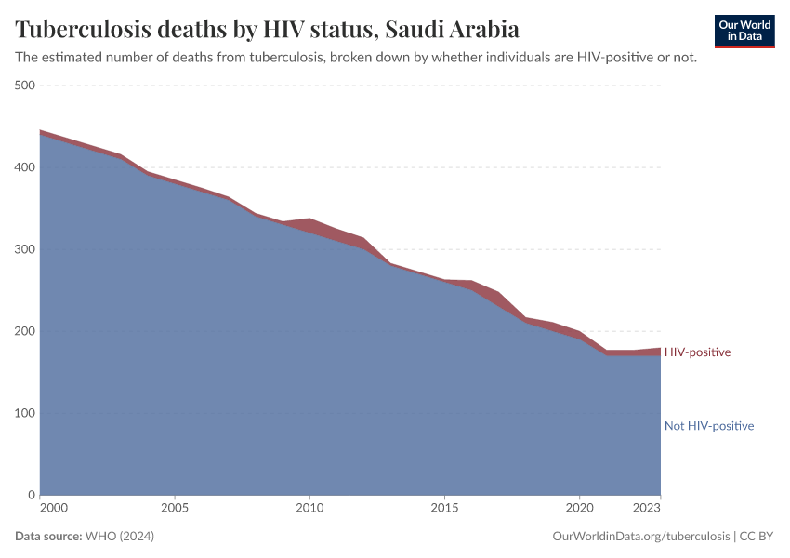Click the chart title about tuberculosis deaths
[267, 29]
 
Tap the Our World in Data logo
[744, 31]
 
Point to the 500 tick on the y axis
[24, 86]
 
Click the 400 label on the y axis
[24, 167]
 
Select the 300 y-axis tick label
[24, 249]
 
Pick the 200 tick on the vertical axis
[24, 331]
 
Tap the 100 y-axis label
[24, 413]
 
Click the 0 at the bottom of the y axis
[31, 495]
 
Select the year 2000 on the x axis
[54, 509]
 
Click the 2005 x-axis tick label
[175, 509]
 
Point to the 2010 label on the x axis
[309, 509]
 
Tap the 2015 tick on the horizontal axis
[444, 509]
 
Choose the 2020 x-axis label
[579, 509]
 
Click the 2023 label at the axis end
[647, 509]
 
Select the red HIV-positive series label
[697, 352]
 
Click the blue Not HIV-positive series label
[708, 426]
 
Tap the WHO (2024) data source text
[119, 537]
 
